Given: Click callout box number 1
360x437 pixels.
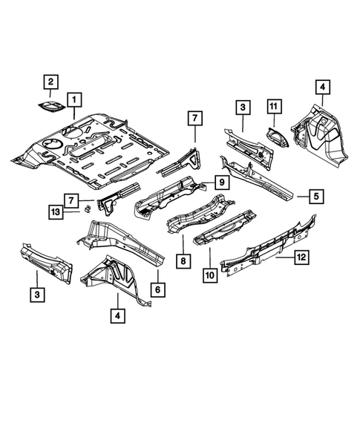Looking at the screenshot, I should point(73,98).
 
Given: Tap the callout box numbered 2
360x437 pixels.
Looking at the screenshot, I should point(50,82).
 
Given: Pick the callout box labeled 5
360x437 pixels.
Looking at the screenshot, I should point(315,196).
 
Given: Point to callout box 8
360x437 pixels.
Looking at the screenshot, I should point(183,262).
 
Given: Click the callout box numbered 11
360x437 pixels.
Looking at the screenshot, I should point(273,108).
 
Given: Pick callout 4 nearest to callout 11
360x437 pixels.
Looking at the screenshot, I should point(322,87).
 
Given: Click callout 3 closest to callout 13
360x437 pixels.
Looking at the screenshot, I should point(36,296).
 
